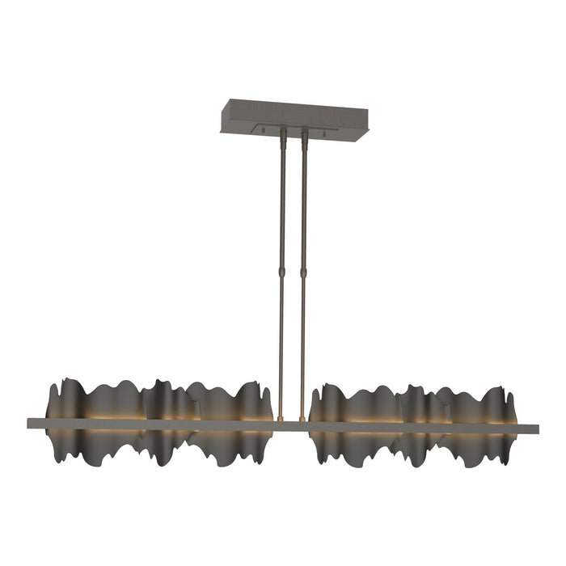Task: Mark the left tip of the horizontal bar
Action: pyautogui.click(x=30, y=423)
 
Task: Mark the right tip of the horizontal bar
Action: pyautogui.click(x=536, y=425)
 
